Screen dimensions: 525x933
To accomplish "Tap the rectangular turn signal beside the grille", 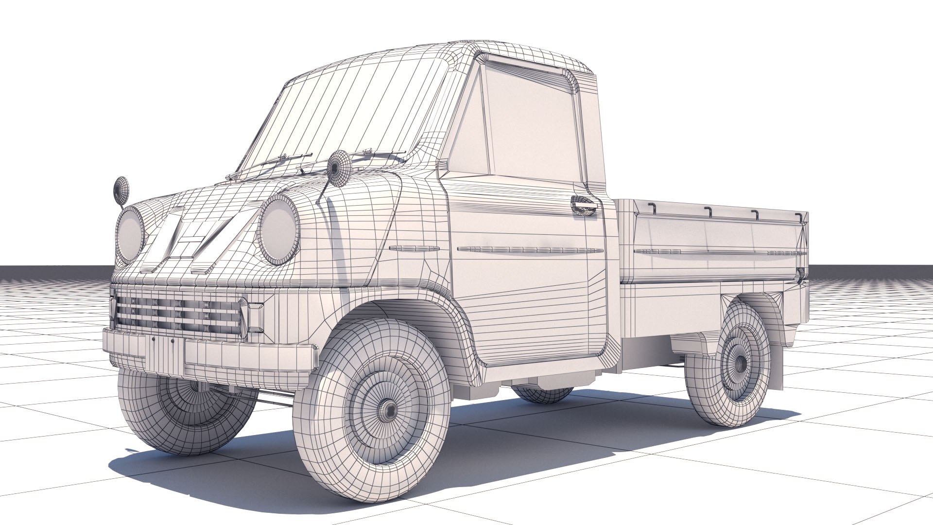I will pyautogui.click(x=255, y=318).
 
